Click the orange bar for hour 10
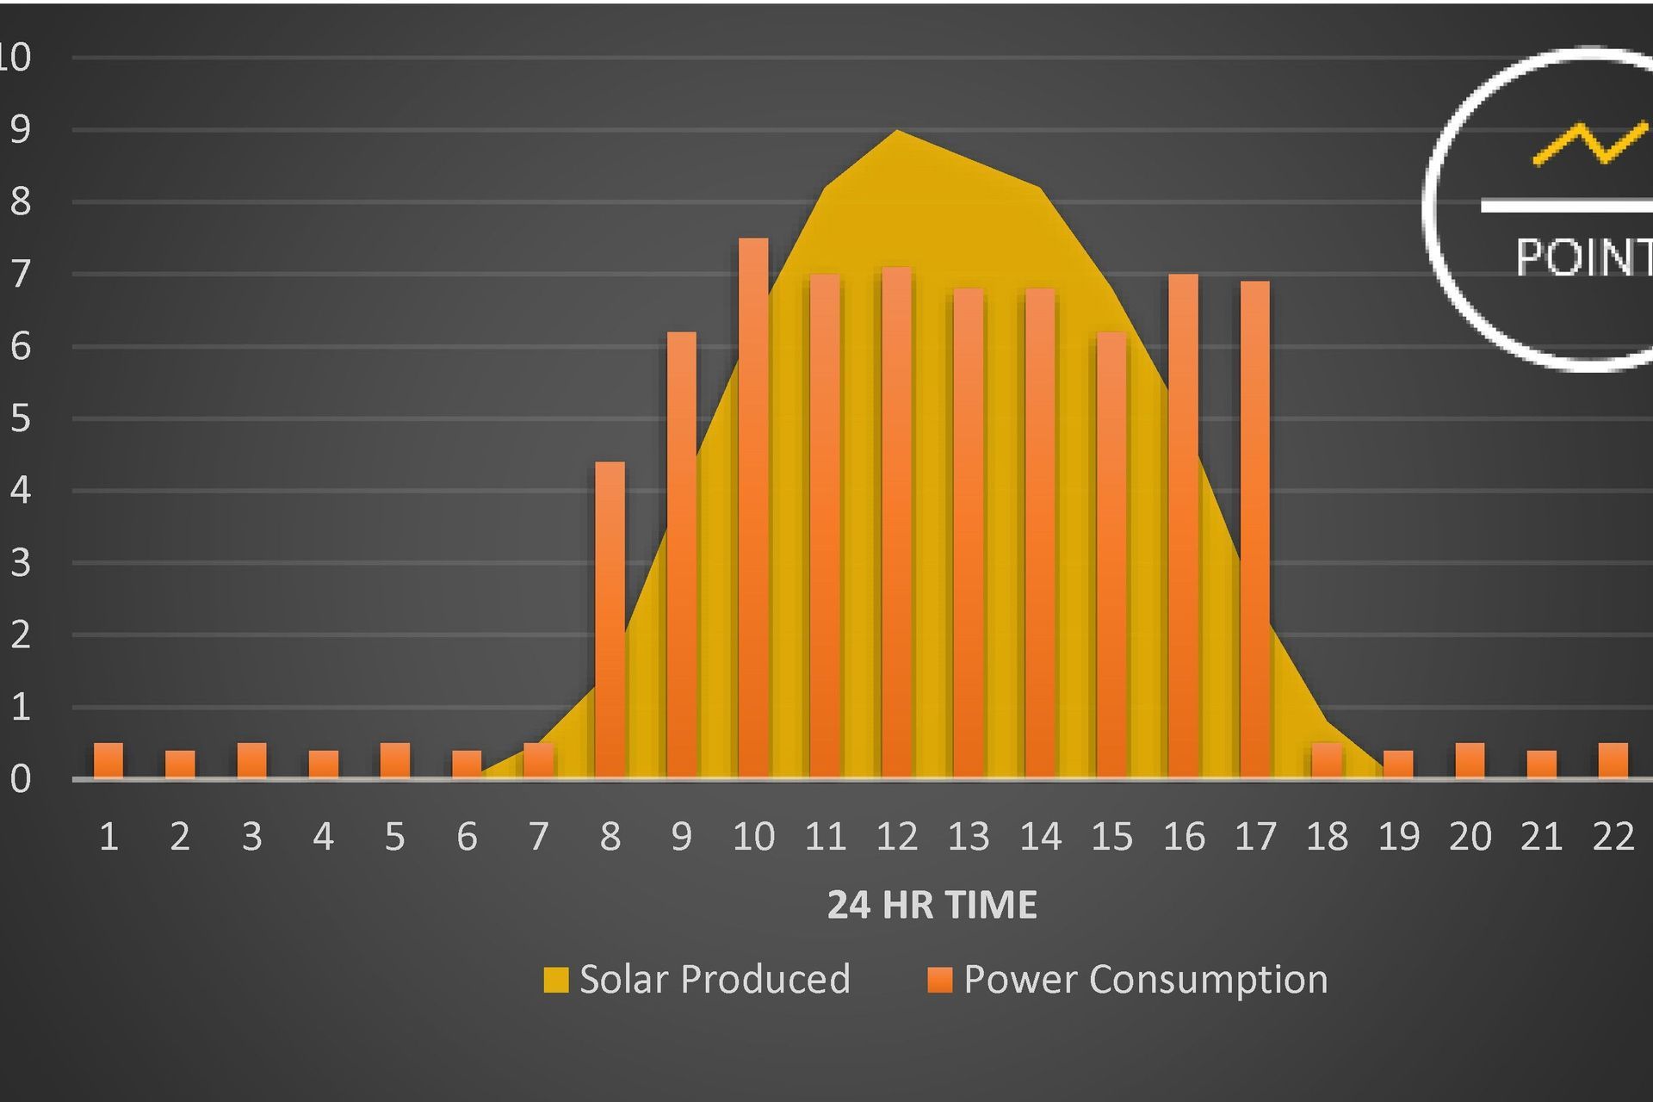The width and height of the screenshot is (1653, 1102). tap(753, 508)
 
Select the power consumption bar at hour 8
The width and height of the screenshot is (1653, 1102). tap(610, 620)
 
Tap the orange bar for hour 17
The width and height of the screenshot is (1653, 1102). tap(1255, 529)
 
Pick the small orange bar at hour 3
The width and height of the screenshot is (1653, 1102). tap(251, 761)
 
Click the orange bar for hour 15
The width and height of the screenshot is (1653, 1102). tap(1111, 555)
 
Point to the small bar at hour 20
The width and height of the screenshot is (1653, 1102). tap(1470, 761)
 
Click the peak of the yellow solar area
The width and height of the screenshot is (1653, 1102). tap(897, 133)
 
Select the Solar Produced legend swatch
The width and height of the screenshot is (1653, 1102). tap(556, 980)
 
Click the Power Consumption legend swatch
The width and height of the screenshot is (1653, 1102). tap(940, 980)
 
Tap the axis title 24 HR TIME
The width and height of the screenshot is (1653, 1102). tap(932, 905)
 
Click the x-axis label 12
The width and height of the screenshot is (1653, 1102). tap(897, 837)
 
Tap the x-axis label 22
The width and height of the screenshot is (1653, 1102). tap(1613, 837)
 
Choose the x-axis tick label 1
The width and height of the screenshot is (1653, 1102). tap(108, 837)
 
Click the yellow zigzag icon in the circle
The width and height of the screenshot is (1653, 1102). tap(1589, 144)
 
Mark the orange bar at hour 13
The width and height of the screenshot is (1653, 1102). tap(969, 534)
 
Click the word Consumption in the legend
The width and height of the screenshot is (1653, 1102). tap(1208, 980)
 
